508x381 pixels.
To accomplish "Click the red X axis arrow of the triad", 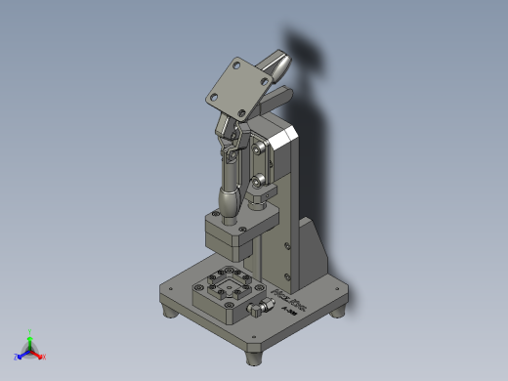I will pyautogui.click(x=42, y=356).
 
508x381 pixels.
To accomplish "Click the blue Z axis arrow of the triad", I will pyautogui.click(x=20, y=356).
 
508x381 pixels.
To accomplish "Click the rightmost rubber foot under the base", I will pyautogui.click(x=341, y=310).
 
